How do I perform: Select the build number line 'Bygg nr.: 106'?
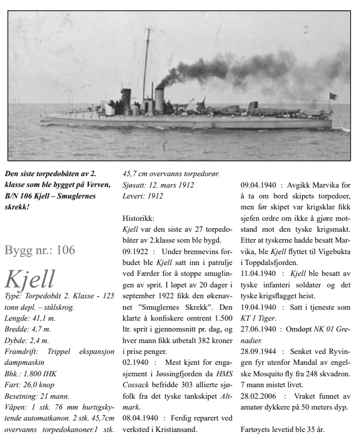coord(40,250)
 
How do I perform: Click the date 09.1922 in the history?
coord(138,251)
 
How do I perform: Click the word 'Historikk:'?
coord(140,219)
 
